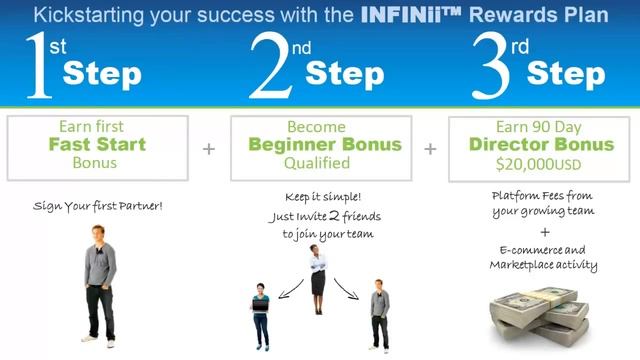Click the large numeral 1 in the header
[x=38, y=68]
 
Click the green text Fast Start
[x=98, y=145]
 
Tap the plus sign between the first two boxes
[x=209, y=148]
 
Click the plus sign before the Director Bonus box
[x=430, y=148]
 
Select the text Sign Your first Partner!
[x=98, y=206]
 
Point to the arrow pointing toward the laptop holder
[x=288, y=287]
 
